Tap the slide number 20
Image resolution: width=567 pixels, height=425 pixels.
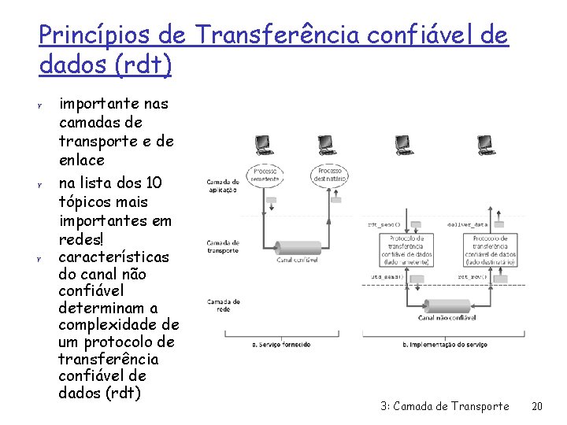537,406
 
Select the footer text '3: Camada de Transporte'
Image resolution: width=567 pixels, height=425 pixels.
444,406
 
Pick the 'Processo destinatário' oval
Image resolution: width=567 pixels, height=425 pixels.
328,176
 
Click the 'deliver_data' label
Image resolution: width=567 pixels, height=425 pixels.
467,224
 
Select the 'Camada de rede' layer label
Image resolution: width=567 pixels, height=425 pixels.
224,305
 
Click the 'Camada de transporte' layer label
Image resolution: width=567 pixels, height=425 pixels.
224,247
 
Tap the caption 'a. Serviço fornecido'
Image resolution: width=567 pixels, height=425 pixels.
280,344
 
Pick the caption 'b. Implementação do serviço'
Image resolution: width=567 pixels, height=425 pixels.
446,344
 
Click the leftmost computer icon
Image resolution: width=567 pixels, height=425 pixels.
262,145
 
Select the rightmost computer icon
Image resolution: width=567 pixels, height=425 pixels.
487,145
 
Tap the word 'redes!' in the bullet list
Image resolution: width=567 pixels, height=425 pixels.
81,238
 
